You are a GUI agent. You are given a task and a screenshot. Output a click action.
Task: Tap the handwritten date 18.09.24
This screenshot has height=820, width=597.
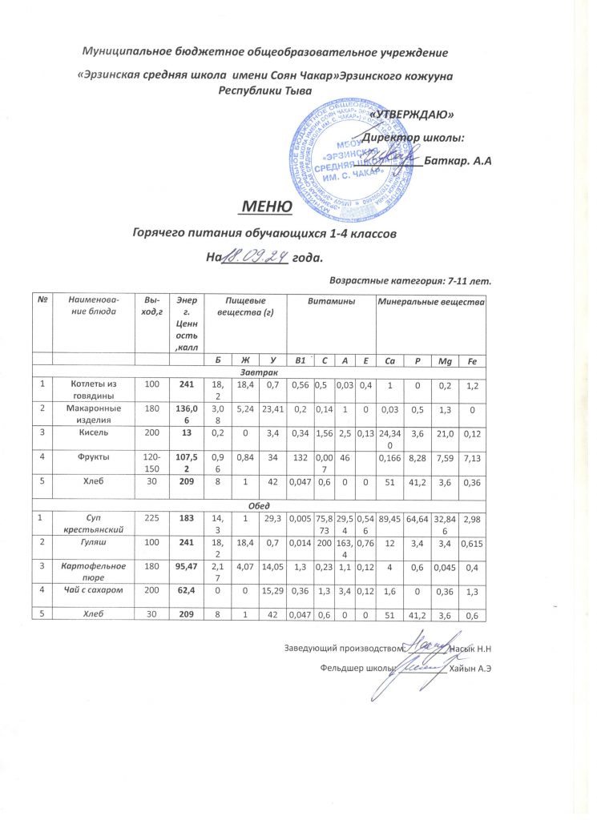tap(254, 257)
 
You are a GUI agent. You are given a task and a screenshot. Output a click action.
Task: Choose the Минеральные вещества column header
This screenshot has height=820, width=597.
tap(432, 304)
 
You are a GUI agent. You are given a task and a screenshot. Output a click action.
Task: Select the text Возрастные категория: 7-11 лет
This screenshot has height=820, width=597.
tap(410, 279)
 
